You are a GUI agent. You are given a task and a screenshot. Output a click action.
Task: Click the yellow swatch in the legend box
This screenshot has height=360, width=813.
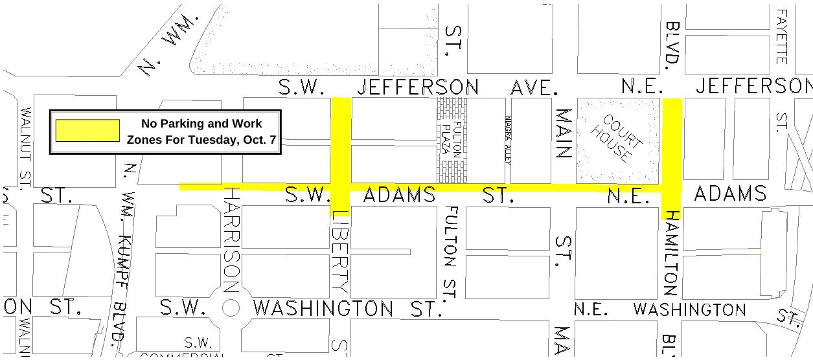click(x=87, y=130)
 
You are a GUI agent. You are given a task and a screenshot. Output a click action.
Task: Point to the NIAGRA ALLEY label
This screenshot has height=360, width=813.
click(x=508, y=141)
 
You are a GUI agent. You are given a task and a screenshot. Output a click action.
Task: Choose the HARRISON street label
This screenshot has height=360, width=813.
click(x=231, y=239)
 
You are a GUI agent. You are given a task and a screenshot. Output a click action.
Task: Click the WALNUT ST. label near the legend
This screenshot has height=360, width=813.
click(x=25, y=148)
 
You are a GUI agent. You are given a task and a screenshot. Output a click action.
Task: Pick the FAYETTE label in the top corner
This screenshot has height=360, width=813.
click(x=782, y=36)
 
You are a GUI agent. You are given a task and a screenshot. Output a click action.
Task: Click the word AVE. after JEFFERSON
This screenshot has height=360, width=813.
click(x=534, y=87)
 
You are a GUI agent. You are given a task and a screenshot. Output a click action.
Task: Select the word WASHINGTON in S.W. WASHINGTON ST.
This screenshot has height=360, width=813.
click(x=323, y=308)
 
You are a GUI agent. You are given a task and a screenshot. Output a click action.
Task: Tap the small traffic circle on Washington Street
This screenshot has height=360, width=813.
click(x=231, y=308)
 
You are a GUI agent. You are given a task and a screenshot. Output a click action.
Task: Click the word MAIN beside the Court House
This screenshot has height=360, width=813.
click(x=564, y=134)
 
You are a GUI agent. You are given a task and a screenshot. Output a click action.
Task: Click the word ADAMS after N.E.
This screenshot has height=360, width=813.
click(x=729, y=193)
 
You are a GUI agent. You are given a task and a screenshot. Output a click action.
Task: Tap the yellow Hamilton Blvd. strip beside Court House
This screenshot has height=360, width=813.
click(x=672, y=139)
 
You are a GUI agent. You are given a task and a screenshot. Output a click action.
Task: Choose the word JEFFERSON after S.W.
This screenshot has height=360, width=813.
click(x=418, y=87)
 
